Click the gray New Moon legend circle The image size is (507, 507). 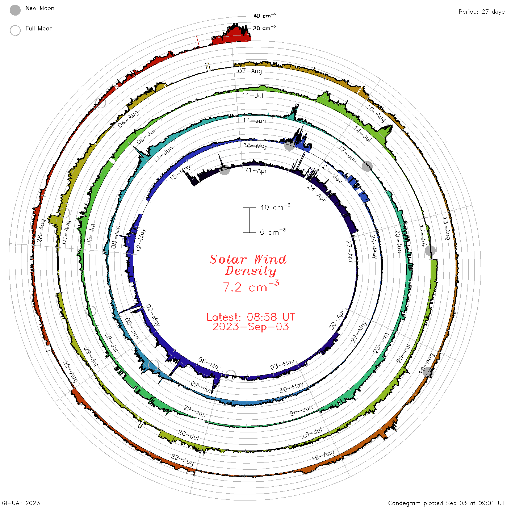tap(15, 10)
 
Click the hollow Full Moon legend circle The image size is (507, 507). tap(15, 30)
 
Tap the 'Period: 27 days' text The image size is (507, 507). tap(481, 12)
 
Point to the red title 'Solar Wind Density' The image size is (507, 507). tap(248, 265)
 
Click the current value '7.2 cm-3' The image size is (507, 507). tap(251, 286)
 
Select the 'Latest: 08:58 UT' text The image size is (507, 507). tap(251, 317)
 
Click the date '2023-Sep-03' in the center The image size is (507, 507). tap(251, 327)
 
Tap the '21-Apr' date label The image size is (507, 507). tap(255, 171)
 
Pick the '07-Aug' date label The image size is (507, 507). tap(250, 71)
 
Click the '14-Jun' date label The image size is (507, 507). tap(254, 121)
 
